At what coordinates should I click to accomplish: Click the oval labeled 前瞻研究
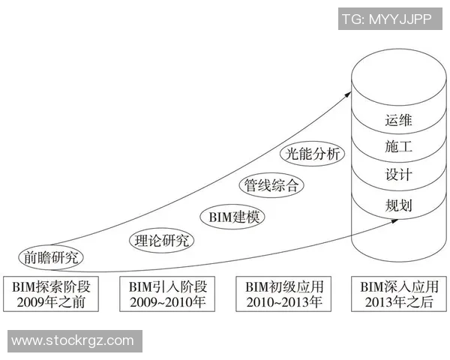click(x=51, y=257)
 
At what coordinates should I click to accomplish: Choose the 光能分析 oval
click(x=312, y=154)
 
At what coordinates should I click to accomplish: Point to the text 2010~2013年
click(x=283, y=303)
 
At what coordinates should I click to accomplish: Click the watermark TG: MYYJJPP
click(x=386, y=19)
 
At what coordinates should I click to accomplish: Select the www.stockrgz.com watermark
click(x=73, y=341)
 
